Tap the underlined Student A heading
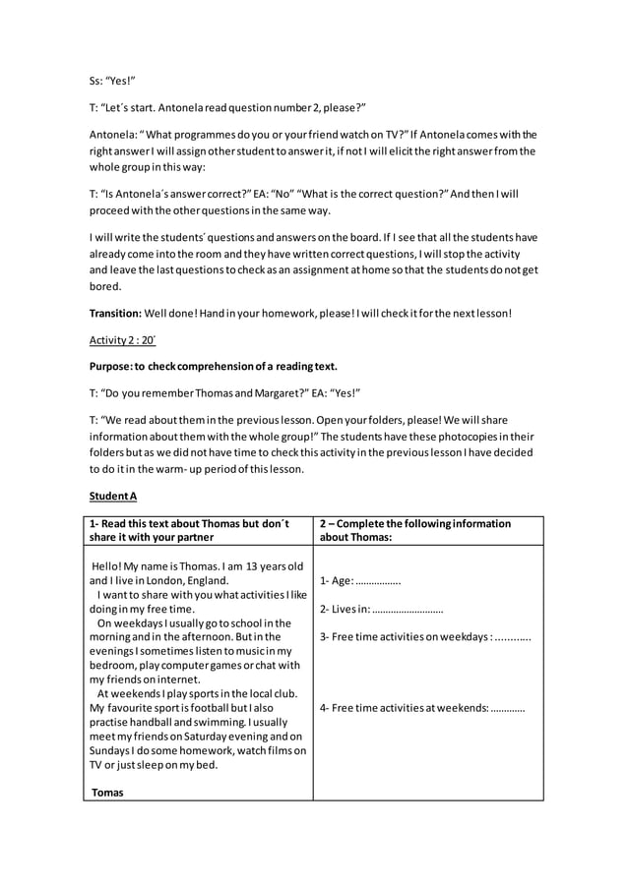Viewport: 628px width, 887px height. (112, 497)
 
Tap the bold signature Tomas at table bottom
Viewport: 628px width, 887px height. (107, 792)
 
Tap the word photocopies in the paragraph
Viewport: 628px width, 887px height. (471, 435)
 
